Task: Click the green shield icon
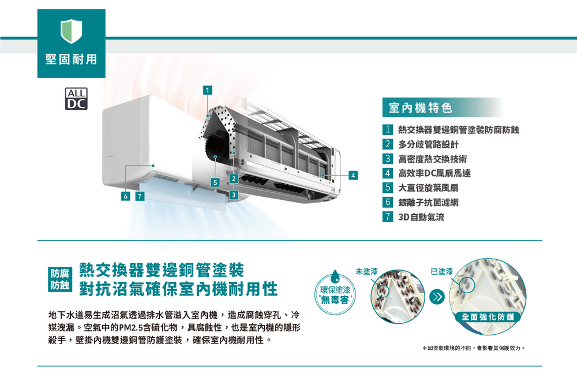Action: (72, 31)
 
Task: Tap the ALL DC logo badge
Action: (76, 99)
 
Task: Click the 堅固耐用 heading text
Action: (72, 59)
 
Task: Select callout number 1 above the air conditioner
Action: (208, 90)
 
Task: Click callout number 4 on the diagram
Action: (353, 176)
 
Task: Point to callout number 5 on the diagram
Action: (215, 182)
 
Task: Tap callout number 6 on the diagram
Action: (126, 196)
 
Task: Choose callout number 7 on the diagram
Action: (140, 196)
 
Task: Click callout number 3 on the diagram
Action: (234, 195)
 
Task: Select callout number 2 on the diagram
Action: (234, 179)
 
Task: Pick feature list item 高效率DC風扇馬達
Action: (434, 173)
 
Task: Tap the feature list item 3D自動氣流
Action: (421, 217)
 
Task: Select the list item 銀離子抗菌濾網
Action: (428, 203)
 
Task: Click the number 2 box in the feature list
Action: (388, 144)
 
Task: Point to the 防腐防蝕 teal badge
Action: (60, 279)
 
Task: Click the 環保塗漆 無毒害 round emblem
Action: (335, 293)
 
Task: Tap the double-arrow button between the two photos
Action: (437, 297)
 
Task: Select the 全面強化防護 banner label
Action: (488, 317)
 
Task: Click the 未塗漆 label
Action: (366, 271)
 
